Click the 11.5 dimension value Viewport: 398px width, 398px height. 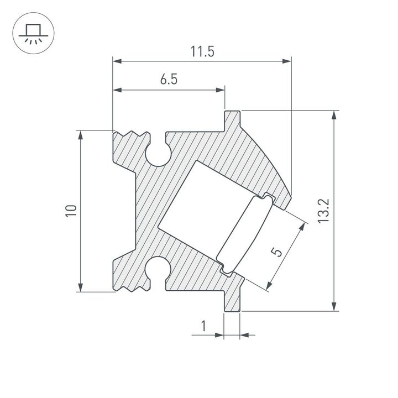[202, 52]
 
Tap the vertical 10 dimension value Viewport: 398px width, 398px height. [70, 211]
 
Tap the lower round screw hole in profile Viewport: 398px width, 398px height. [159, 268]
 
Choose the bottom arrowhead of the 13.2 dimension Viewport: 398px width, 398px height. [334, 307]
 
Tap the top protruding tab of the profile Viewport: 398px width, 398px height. [232, 118]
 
